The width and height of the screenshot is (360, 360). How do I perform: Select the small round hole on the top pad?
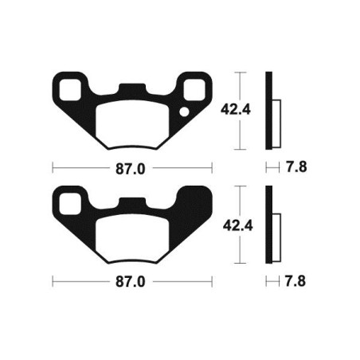tap(185, 112)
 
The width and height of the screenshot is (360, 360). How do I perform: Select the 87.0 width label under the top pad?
tap(132, 168)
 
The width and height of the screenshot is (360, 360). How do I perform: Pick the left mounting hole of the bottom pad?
tap(68, 199)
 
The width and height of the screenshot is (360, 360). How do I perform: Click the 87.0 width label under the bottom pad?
tap(132, 282)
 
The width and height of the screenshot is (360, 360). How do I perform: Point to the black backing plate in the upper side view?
tap(269, 112)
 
